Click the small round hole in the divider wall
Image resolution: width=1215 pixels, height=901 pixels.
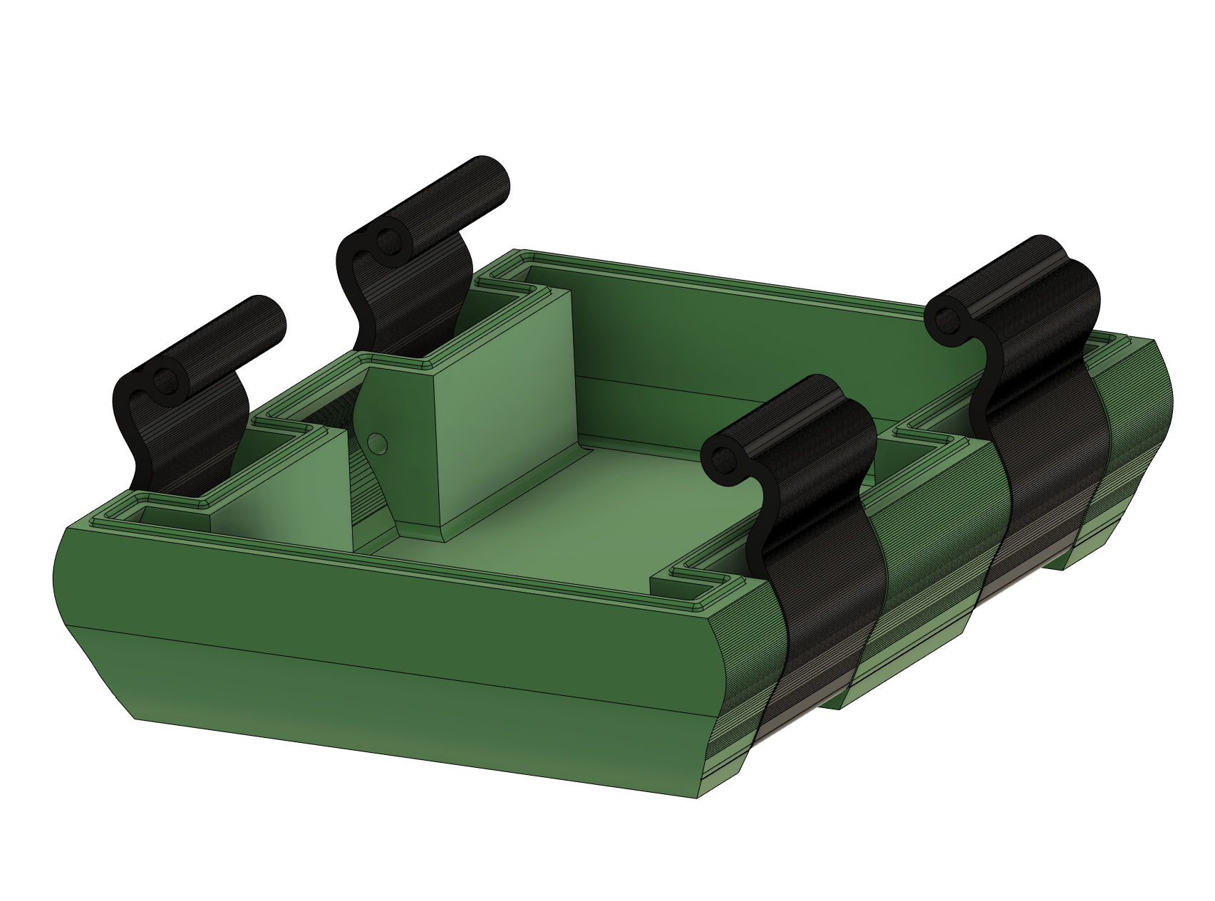378,444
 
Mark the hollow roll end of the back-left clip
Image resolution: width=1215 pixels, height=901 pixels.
388,240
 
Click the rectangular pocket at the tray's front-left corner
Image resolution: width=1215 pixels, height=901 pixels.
168,515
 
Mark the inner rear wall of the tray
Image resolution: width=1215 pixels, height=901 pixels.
748,356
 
